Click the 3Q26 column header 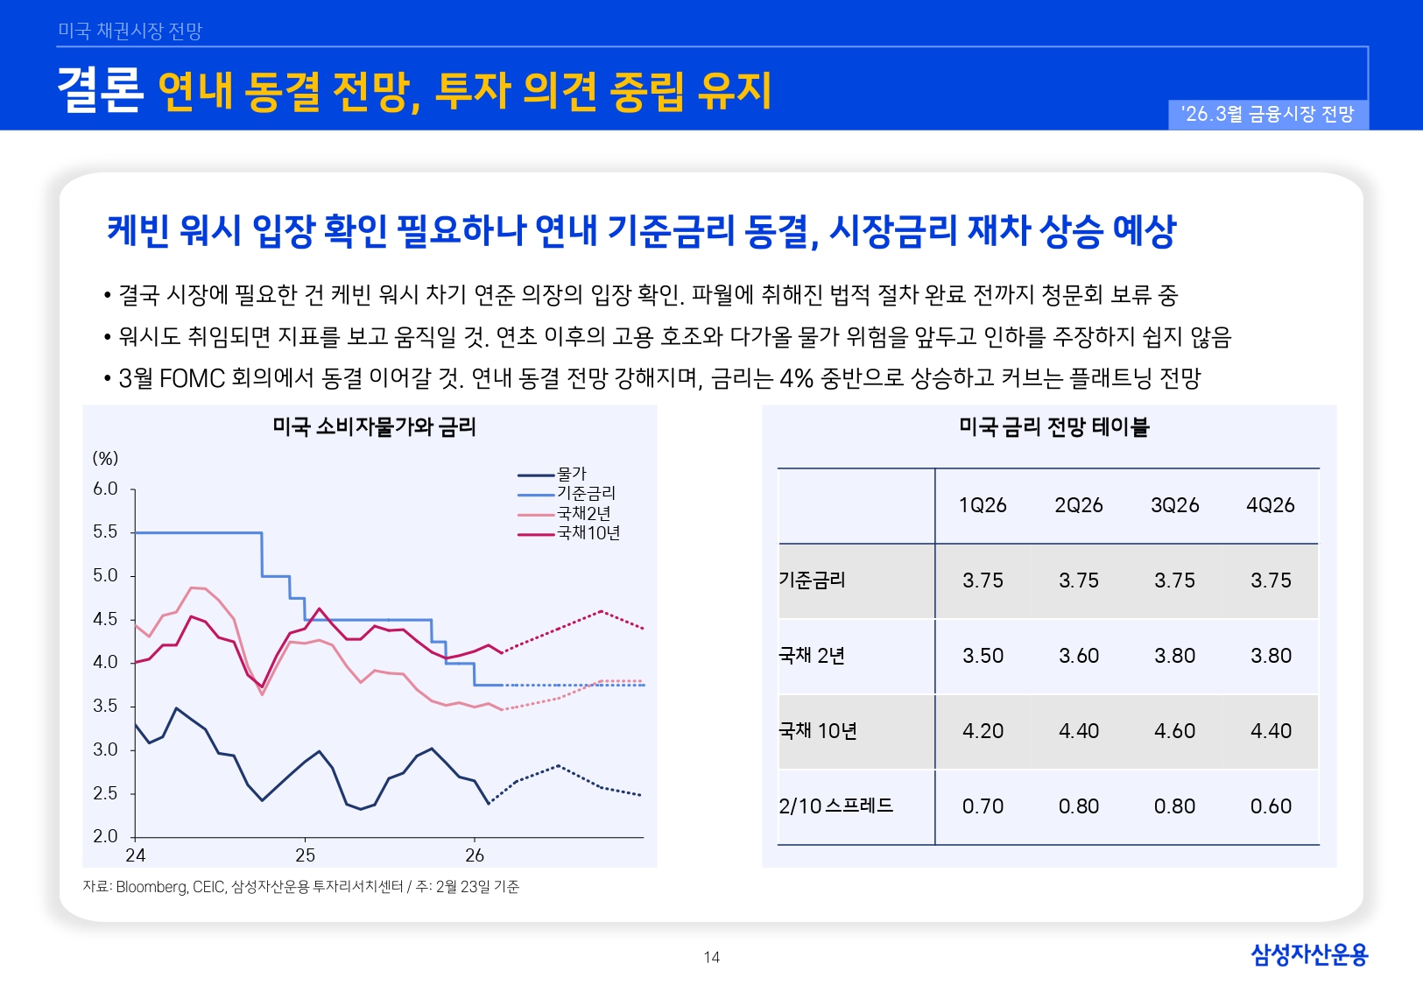click(1174, 505)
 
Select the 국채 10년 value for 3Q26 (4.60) click(1174, 731)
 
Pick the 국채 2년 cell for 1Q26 click(983, 656)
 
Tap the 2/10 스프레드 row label click(835, 806)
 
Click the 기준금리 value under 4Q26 click(1271, 580)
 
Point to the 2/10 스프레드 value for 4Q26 click(1271, 806)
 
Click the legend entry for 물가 click(571, 474)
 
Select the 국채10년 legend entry click(588, 532)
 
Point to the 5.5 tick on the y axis click(105, 532)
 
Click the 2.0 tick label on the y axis click(105, 836)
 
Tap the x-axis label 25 click(305, 855)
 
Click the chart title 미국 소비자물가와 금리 click(374, 427)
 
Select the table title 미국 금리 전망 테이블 click(1053, 427)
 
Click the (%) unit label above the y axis click(105, 459)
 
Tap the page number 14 click(711, 957)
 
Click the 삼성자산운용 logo click(1308, 954)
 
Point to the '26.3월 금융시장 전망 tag click(1267, 114)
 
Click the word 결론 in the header click(100, 90)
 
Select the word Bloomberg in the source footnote click(151, 887)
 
